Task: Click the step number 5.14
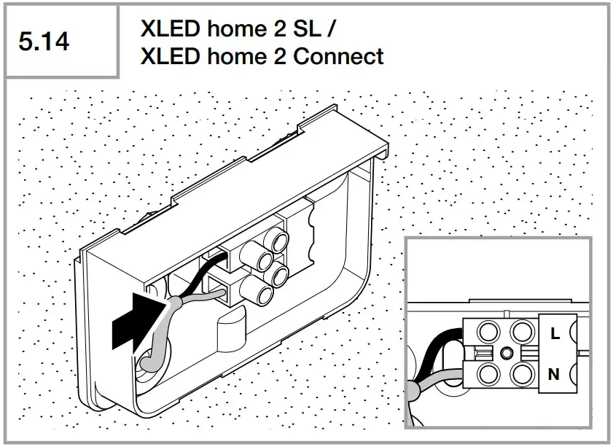tap(45, 42)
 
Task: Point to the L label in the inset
tap(555, 333)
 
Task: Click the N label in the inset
tap(554, 375)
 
